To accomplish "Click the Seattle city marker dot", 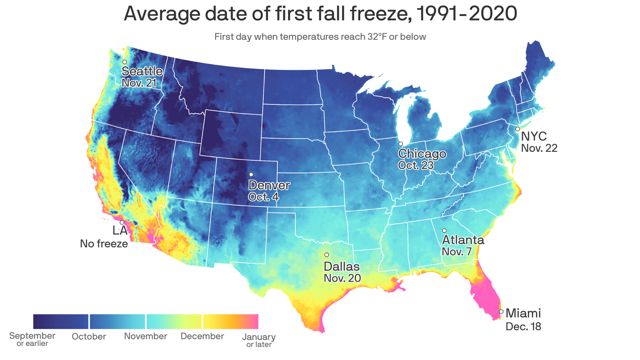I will click(x=125, y=62).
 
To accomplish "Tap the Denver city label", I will click(x=269, y=185).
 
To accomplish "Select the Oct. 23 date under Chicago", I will click(x=416, y=165).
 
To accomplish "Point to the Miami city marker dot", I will click(x=501, y=312).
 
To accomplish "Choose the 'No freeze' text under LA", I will click(x=104, y=244).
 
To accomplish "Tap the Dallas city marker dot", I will click(x=327, y=255).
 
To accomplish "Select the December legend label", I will click(x=202, y=336).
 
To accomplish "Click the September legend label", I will click(x=32, y=336).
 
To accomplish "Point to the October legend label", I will click(x=89, y=337).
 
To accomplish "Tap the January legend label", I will click(x=259, y=337).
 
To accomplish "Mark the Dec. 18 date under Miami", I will click(x=523, y=327).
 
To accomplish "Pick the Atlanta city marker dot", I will click(x=444, y=230).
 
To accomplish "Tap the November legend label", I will click(x=145, y=336).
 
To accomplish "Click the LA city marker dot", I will click(x=122, y=222).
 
